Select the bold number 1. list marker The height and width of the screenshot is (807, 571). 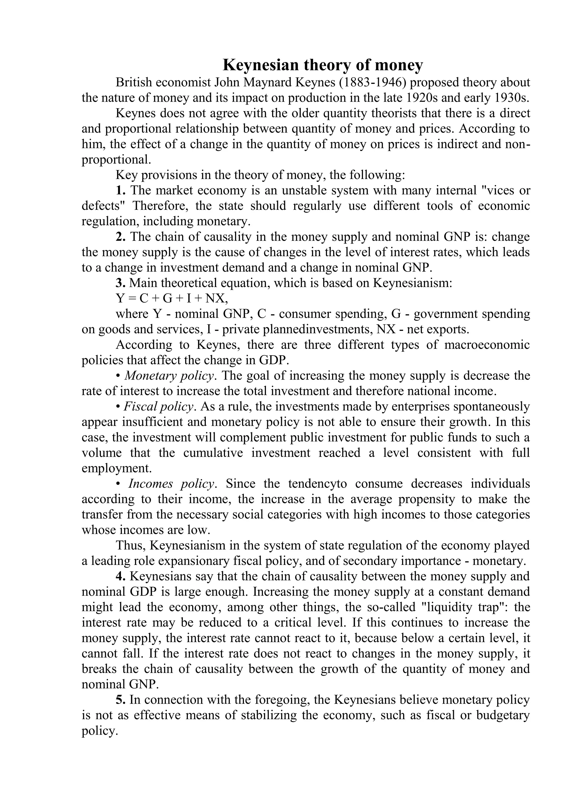pos(121,191)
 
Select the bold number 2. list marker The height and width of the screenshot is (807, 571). pos(121,237)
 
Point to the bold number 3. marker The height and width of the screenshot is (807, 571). pos(121,283)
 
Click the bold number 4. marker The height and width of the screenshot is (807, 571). pos(121,577)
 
